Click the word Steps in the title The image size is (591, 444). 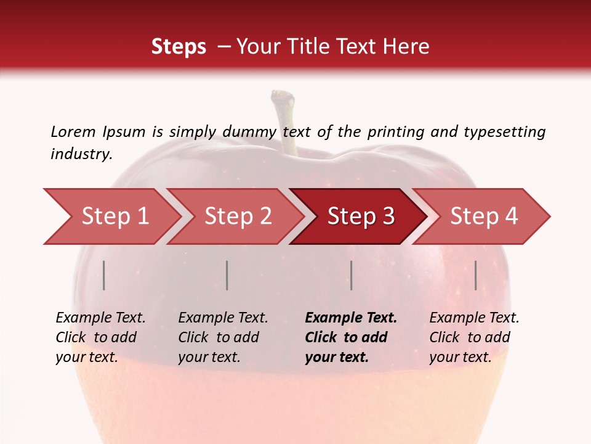point(179,46)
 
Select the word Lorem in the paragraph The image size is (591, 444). point(73,131)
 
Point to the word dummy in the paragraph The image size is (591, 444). point(249,132)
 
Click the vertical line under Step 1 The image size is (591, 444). point(103,275)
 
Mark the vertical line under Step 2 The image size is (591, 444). point(227,275)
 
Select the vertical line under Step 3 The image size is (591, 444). point(351,275)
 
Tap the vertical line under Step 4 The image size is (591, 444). point(475,275)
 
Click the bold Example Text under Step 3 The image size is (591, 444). point(351,318)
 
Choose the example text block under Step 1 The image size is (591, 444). point(100,337)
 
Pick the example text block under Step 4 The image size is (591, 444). point(473,337)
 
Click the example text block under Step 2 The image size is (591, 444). point(222,337)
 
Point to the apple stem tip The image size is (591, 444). point(283,96)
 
